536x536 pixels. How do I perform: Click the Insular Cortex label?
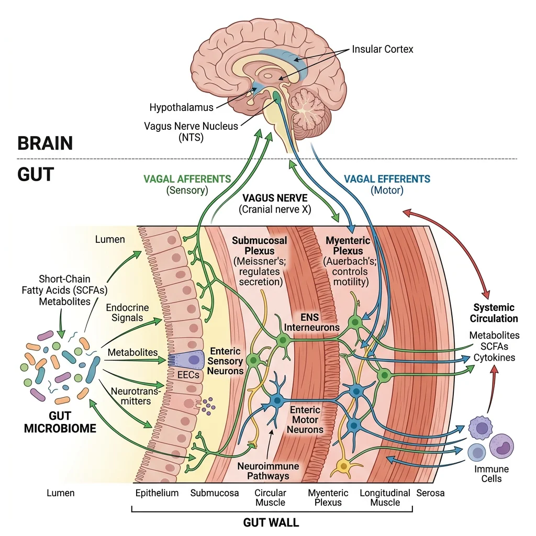[x=382, y=49]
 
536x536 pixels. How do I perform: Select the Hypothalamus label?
[x=181, y=108]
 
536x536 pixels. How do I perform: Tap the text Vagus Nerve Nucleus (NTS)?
[x=191, y=131]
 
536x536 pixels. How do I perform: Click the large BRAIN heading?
[x=45, y=143]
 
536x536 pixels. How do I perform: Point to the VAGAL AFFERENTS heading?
[x=187, y=179]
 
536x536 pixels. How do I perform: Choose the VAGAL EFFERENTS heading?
[x=387, y=179]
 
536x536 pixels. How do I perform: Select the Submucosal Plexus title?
[x=260, y=245]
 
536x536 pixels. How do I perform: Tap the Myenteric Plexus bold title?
[x=348, y=245]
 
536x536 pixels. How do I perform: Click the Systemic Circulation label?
[x=494, y=313]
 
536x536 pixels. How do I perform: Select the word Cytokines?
[x=494, y=358]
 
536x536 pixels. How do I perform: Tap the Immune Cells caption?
[x=491, y=474]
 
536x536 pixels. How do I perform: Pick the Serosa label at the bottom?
[x=430, y=493]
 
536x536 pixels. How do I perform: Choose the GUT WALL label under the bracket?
[x=271, y=522]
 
